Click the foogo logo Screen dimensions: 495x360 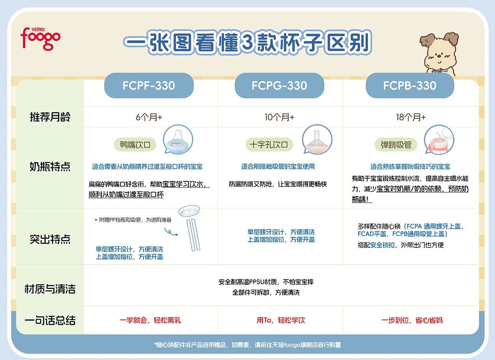[40, 38]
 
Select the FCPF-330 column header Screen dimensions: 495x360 [148, 85]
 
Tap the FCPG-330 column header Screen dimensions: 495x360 [279, 85]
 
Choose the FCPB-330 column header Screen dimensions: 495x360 [410, 85]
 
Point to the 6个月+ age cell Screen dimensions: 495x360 [149, 117]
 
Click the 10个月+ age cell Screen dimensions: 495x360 [279, 117]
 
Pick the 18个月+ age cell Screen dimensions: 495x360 [410, 117]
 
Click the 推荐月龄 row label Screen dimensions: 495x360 [50, 117]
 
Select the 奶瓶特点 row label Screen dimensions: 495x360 [50, 167]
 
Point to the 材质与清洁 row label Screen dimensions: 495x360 [50, 289]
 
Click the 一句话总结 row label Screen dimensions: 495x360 [50, 320]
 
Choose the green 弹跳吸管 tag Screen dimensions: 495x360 [396, 145]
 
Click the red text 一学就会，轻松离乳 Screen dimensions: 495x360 [150, 320]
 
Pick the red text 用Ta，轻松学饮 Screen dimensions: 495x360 [280, 320]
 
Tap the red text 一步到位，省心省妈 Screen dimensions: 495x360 [412, 320]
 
